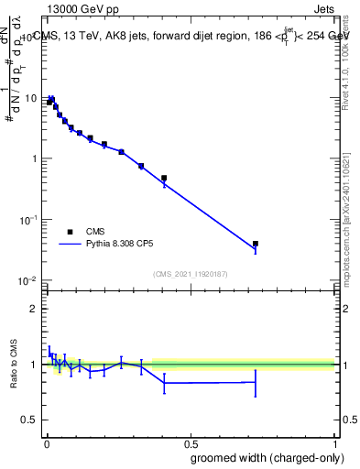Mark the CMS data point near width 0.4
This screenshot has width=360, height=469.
click(x=164, y=178)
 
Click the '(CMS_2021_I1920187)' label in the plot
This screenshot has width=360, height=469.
click(x=190, y=274)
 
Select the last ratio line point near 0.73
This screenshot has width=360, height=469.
click(x=256, y=382)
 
